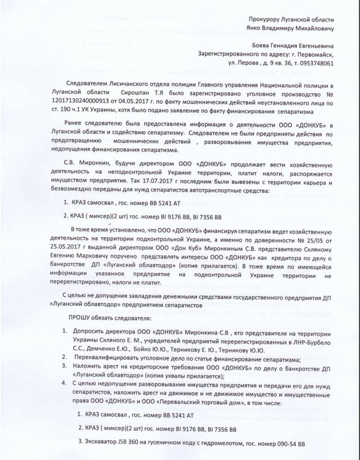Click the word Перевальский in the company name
(x=202, y=403)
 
